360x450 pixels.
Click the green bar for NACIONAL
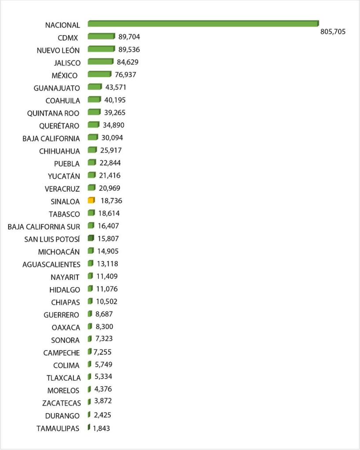203,23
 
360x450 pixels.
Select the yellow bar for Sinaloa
91,201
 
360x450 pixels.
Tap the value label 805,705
333,32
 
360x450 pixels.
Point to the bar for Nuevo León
101,49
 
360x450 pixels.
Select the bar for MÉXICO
99,74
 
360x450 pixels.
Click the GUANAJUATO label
57,88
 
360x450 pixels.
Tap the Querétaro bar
94,125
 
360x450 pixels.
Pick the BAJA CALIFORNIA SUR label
44,227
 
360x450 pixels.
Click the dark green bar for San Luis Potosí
91,238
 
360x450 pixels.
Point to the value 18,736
111,201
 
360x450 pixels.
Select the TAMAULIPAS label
58,428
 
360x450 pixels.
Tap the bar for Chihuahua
92,150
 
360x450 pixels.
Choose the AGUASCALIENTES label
51,264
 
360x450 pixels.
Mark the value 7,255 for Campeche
103,352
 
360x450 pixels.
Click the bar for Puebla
92,163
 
